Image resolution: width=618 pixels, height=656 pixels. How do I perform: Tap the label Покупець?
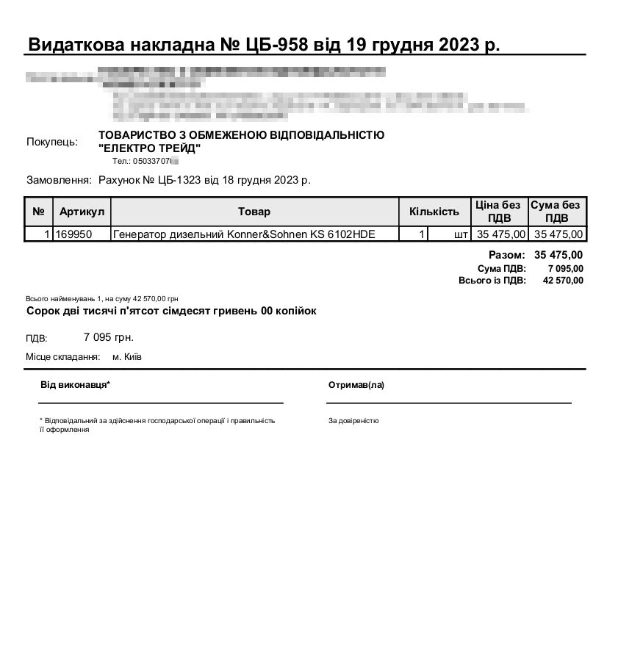(51, 142)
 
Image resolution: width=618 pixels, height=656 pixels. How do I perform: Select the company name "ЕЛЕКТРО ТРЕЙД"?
(149, 148)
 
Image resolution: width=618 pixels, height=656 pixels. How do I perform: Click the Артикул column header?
(82, 212)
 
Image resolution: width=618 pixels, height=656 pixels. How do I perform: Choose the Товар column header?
(254, 212)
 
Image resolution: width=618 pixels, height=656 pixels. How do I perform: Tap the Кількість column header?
(434, 212)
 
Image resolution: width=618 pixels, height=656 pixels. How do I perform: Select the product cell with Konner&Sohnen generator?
(244, 234)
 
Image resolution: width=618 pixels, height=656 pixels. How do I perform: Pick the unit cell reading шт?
(461, 234)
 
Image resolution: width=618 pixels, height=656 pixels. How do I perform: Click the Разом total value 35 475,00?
(558, 255)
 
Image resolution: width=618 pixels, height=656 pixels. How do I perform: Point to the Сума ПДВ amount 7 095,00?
(565, 268)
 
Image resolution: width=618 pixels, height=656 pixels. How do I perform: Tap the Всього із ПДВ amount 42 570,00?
(563, 280)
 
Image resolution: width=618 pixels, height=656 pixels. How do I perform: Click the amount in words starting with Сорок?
(171, 311)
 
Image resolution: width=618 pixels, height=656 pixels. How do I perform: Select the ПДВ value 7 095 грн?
(109, 337)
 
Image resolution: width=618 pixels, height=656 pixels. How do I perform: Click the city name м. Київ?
(127, 356)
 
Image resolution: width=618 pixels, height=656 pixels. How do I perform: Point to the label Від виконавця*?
(75, 385)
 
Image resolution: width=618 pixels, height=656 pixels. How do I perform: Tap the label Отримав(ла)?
(356, 385)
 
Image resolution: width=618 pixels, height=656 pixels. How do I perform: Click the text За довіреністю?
(353, 421)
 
